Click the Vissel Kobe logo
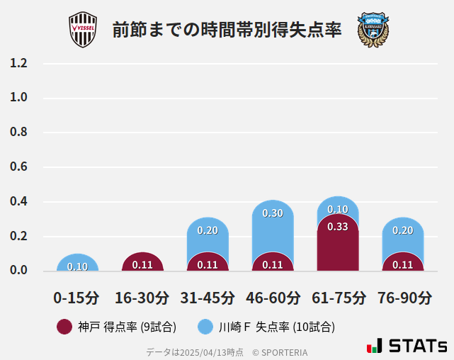[83, 30]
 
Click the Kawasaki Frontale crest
[373, 30]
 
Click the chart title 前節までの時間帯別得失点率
[227, 30]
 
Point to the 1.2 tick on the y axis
[18, 63]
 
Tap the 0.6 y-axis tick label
[18, 167]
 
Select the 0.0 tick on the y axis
[18, 271]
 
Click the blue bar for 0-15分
[78, 263]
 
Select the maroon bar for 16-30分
[142, 262]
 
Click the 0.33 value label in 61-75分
[338, 227]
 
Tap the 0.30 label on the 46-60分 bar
[273, 213]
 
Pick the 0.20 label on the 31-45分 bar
[208, 230]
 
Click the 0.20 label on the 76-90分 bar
[403, 230]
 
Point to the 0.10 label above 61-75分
[338, 209]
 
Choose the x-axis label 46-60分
[273, 297]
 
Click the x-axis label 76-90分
[404, 297]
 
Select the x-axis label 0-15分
[76, 297]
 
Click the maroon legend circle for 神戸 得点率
[64, 327]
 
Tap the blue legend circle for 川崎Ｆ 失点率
[205, 327]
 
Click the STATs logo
[407, 346]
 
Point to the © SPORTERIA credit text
[280, 351]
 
